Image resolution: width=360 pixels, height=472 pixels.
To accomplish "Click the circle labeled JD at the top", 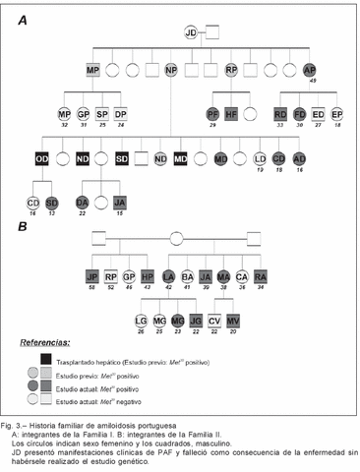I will tap(191, 34).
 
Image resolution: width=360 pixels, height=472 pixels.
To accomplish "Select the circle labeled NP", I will tap(171, 71).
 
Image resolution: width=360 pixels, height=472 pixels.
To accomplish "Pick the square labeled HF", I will tap(232, 114).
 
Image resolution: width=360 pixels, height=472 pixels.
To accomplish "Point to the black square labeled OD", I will tap(42, 158).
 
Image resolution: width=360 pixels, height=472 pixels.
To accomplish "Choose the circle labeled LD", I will tap(260, 158).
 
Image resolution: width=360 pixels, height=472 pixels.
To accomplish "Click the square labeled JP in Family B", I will tap(92, 276).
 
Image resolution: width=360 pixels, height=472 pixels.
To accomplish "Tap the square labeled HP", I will tap(148, 276).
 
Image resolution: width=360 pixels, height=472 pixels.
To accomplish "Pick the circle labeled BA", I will tap(187, 276).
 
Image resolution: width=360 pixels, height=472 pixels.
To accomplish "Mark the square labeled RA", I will tap(261, 276).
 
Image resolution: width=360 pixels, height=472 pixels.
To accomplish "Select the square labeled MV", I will tap(233, 320).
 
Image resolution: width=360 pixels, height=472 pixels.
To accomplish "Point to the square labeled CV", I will tap(214, 320).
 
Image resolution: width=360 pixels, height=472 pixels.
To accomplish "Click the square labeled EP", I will tap(337, 114).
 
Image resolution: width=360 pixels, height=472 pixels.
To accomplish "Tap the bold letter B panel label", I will tap(21, 227).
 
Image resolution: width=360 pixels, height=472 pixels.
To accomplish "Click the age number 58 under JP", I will tap(92, 291).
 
